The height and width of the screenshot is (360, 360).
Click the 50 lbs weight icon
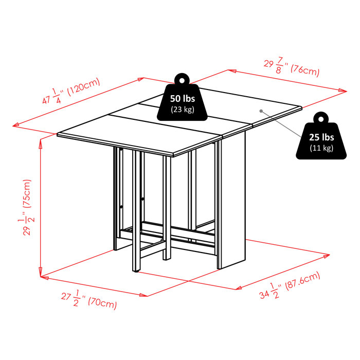(x=183, y=103)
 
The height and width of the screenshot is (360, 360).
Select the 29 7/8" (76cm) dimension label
(x=292, y=67)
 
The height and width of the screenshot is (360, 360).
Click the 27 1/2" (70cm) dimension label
(x=88, y=299)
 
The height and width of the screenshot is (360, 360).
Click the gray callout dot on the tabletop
(x=261, y=110)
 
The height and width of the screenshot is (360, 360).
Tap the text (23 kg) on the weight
(x=183, y=109)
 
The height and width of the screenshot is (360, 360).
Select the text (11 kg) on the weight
(x=321, y=149)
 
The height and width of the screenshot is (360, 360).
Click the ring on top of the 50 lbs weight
(x=182, y=79)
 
